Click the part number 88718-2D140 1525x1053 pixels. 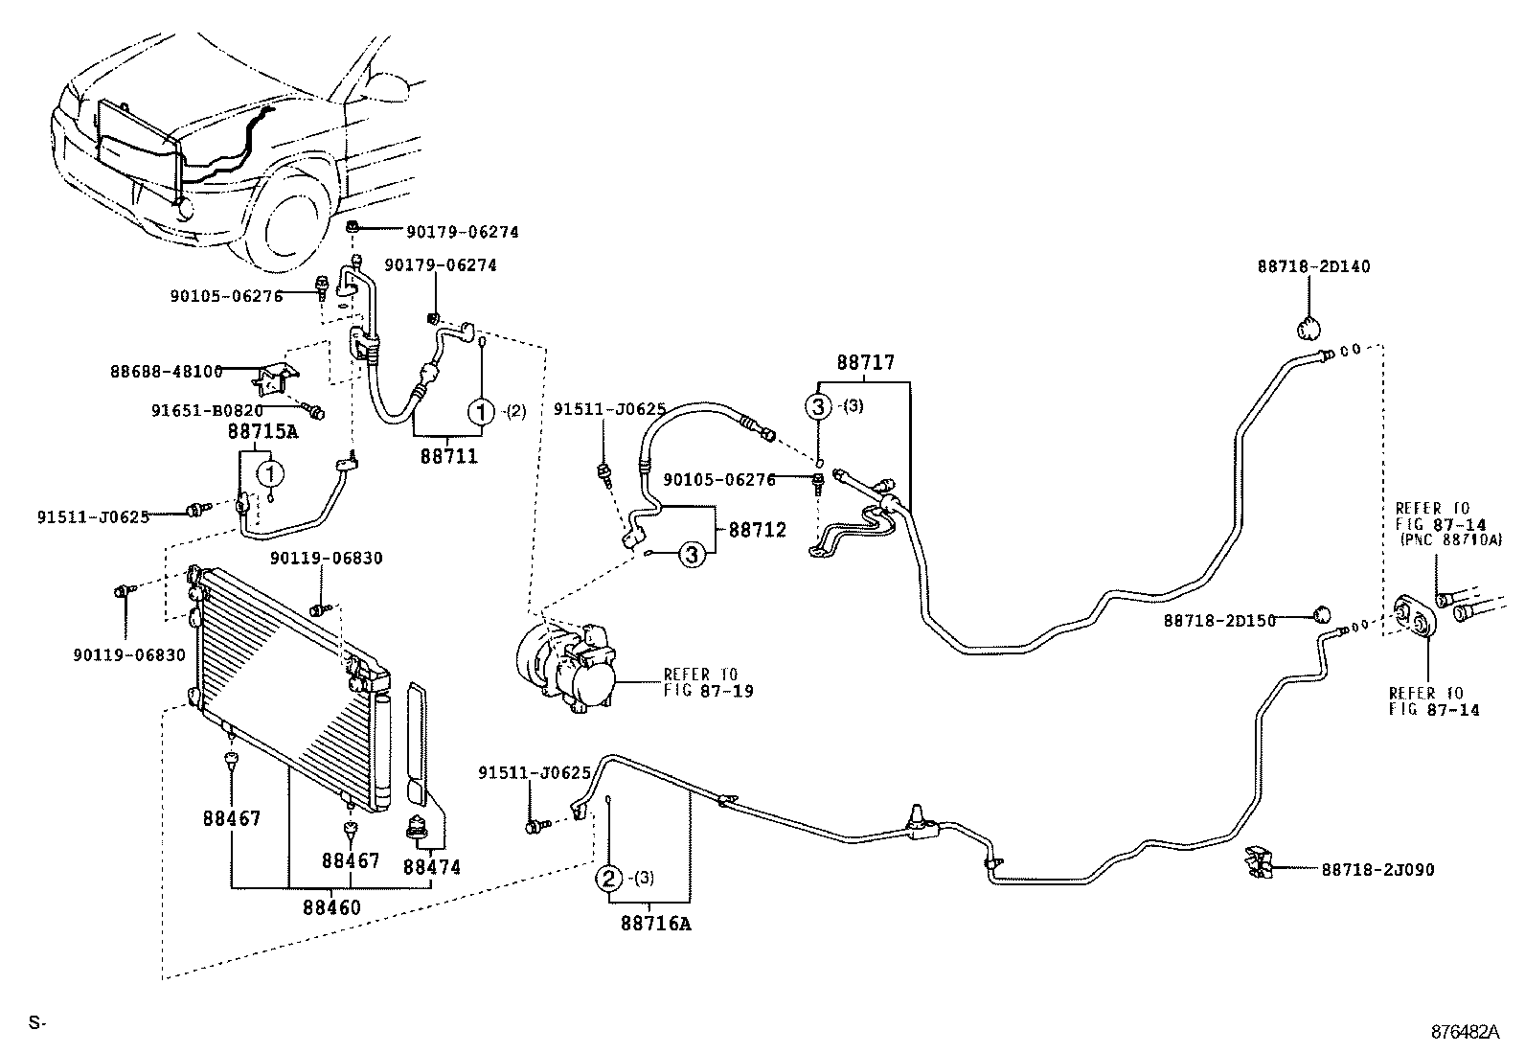click(1313, 266)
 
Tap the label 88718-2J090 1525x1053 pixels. click(1377, 870)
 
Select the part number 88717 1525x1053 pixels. click(865, 363)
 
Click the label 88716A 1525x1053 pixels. click(655, 924)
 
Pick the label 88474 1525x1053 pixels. click(431, 867)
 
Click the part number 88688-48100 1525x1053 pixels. click(166, 371)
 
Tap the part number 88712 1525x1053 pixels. click(757, 530)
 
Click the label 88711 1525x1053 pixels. click(448, 456)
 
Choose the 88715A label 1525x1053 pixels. click(262, 432)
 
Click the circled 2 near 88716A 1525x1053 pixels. click(608, 878)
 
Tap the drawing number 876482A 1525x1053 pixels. click(1465, 1032)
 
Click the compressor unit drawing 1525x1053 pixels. click(565, 661)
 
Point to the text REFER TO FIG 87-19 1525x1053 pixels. click(708, 682)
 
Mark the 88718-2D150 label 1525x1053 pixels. click(1219, 621)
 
